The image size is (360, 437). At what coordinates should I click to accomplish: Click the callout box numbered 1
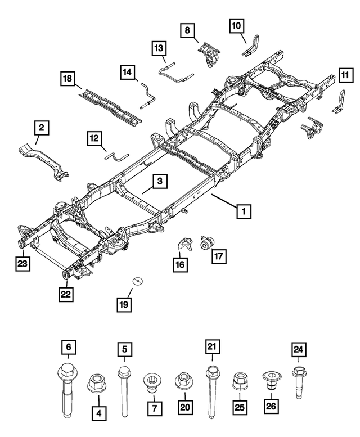pos(244,211)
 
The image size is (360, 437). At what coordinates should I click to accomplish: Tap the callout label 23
pos(21,262)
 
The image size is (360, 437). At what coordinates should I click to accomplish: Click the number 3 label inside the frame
pos(159,181)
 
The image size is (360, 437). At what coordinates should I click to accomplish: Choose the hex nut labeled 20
pos(183,381)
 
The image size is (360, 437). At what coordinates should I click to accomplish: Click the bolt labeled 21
pos(212,394)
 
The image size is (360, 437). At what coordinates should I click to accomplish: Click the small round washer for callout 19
pos(136,281)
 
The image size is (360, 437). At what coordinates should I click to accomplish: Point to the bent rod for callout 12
pos(117,156)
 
